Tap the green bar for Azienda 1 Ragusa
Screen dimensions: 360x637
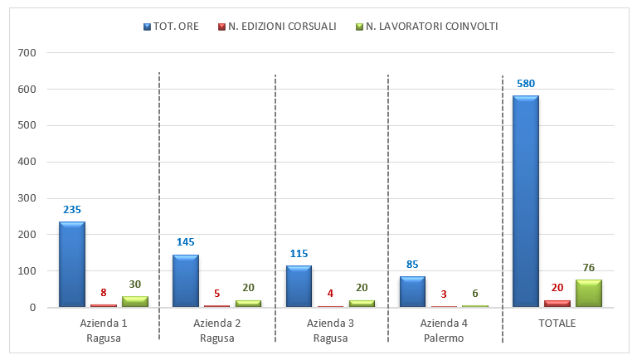coord(134,301)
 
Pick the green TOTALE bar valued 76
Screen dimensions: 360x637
coord(588,293)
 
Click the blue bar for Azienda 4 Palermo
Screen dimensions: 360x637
coord(412,291)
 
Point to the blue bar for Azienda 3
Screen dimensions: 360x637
coord(299,286)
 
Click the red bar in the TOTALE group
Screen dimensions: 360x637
coord(557,304)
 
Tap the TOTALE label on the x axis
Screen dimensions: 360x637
coord(557,323)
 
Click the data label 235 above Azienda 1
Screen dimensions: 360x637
coord(72,210)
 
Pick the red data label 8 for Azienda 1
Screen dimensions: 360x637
coord(104,292)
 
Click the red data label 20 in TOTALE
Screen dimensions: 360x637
coord(557,287)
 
